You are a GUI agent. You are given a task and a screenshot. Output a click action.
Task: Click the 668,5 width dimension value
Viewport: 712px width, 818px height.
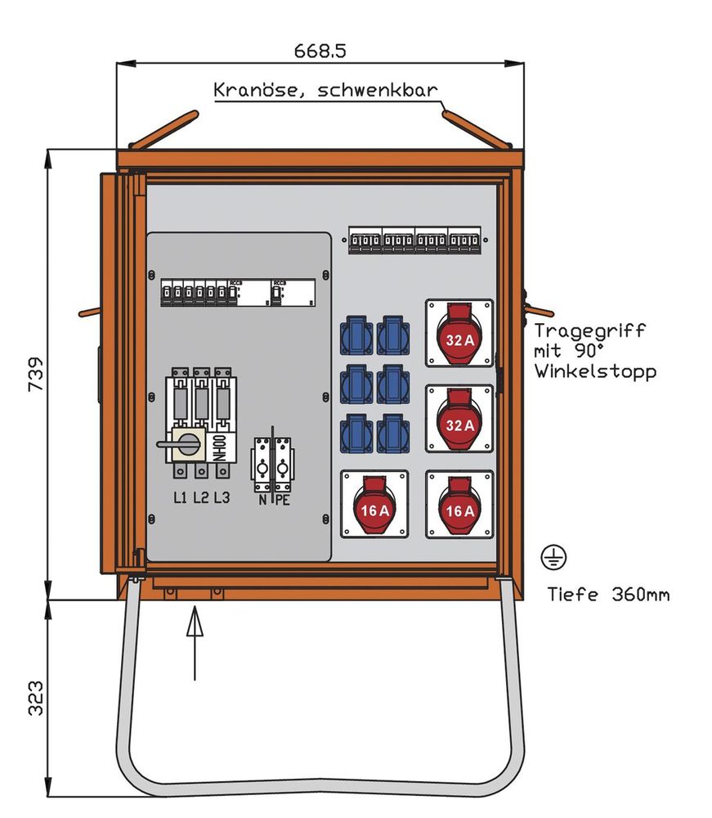tap(320, 51)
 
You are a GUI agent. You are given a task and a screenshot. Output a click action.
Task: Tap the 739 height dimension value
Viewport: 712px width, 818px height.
tap(37, 375)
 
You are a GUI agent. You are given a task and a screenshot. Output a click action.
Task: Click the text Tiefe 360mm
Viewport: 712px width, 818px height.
tap(608, 594)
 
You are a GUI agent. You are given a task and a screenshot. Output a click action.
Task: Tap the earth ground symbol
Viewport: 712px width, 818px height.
tap(553, 558)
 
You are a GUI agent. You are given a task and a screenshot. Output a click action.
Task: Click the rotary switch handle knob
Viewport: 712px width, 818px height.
tap(187, 444)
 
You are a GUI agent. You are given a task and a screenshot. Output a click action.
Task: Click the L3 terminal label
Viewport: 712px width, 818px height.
tap(222, 497)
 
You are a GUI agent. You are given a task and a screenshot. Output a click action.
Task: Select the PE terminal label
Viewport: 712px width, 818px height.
tap(282, 499)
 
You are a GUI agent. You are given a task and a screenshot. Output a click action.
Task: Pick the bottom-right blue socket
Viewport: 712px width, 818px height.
tap(393, 434)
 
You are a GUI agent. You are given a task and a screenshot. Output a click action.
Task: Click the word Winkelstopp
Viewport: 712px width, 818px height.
tap(595, 371)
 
